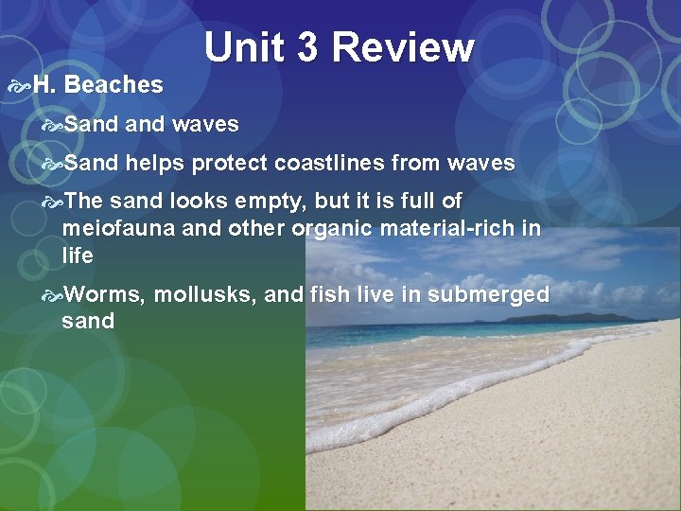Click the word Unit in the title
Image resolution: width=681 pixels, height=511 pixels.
tap(245, 47)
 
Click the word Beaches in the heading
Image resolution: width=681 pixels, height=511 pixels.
tap(114, 85)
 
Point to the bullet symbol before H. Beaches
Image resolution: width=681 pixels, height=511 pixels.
tap(19, 85)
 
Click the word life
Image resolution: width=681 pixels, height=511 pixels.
tap(77, 255)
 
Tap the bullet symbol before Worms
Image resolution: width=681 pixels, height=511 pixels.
tap(52, 295)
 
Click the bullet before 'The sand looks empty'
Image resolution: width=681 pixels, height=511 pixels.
tap(52, 202)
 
